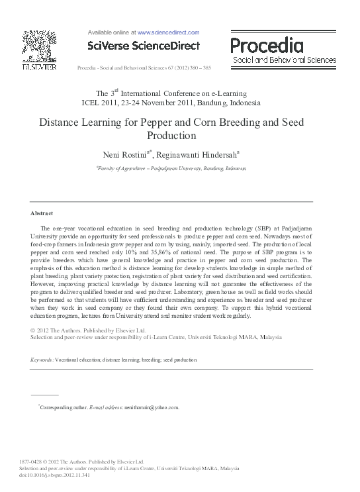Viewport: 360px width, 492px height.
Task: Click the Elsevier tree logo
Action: (39, 46)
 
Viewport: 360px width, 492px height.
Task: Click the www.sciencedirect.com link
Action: (168, 32)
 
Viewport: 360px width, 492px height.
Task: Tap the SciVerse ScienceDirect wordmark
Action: (143, 45)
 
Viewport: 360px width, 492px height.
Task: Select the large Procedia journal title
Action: (267, 45)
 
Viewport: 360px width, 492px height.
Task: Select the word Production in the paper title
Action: (171, 136)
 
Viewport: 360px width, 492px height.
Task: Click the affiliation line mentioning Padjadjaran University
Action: (171, 169)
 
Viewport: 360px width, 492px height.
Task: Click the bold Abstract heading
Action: (42, 213)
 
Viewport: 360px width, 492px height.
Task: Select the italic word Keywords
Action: (42, 360)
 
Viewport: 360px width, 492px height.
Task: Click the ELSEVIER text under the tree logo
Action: (39, 66)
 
